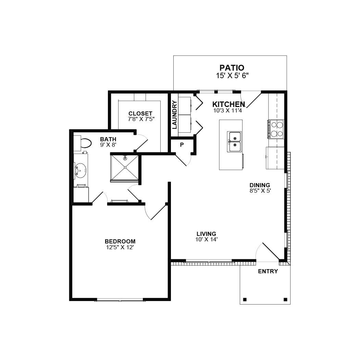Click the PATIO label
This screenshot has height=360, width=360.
click(x=232, y=68)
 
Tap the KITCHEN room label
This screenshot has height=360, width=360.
click(x=228, y=104)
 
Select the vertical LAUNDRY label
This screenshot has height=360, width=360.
click(x=174, y=115)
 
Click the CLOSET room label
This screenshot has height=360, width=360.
click(x=140, y=113)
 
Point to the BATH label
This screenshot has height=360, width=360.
click(x=108, y=139)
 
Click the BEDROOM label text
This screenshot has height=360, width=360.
click(x=120, y=241)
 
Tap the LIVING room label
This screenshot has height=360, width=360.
click(x=206, y=234)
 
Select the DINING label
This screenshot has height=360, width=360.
click(x=260, y=185)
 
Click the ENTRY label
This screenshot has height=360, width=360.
click(x=268, y=271)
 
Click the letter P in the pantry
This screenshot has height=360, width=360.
click(x=182, y=145)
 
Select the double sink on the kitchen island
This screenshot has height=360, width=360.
click(x=235, y=142)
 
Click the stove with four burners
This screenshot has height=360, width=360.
click(x=276, y=129)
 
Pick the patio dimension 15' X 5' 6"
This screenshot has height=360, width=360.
click(x=232, y=76)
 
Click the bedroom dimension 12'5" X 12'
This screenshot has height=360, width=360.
click(x=120, y=247)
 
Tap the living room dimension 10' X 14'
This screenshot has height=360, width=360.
click(x=206, y=240)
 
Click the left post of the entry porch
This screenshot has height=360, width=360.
click(x=245, y=299)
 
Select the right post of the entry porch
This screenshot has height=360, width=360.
click(x=285, y=299)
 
